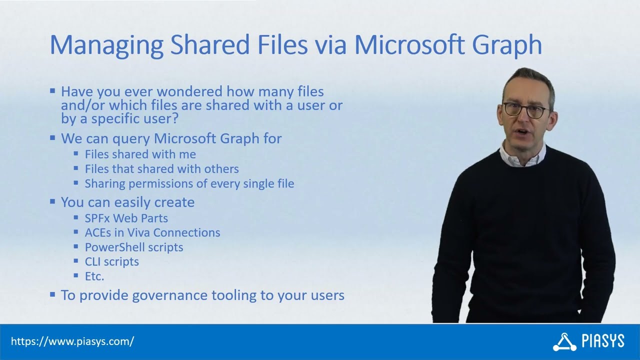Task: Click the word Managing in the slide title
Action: (x=106, y=45)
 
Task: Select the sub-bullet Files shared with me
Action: (x=140, y=154)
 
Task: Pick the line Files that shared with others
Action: (x=161, y=169)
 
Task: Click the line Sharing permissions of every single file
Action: (x=189, y=183)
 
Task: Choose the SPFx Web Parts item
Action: (x=126, y=218)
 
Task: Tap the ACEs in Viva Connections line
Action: (x=152, y=232)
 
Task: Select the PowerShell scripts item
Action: (x=133, y=247)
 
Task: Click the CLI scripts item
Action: (x=111, y=261)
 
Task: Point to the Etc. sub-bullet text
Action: (x=94, y=276)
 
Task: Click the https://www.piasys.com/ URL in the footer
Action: (x=72, y=342)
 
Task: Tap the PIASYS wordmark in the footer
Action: (x=603, y=341)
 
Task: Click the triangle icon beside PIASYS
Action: (x=564, y=342)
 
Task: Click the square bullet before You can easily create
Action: (x=52, y=202)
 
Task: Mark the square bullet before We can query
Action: (x=52, y=138)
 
